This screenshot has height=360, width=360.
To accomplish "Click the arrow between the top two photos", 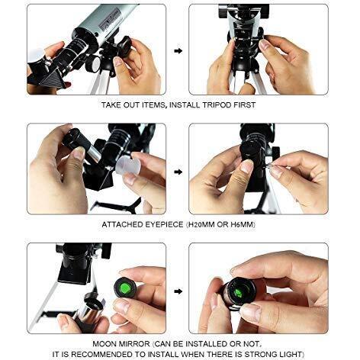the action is [x=178, y=51].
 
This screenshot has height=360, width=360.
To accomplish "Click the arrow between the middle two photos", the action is [x=178, y=172].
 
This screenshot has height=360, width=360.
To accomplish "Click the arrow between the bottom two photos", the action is [x=178, y=291].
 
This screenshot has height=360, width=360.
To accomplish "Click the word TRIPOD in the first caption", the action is [x=217, y=105].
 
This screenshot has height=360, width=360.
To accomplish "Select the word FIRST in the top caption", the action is [x=245, y=105].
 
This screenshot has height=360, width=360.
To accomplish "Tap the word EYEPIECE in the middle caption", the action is [x=164, y=224].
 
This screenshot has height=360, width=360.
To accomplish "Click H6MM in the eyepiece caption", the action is [x=243, y=224].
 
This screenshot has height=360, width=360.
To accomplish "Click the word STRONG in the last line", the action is [x=261, y=354].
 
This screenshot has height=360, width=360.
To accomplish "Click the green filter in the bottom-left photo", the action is [x=125, y=288].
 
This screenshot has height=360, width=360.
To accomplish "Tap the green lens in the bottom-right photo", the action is [x=239, y=292].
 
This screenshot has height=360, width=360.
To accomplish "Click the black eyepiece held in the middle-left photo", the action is [x=77, y=140].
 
